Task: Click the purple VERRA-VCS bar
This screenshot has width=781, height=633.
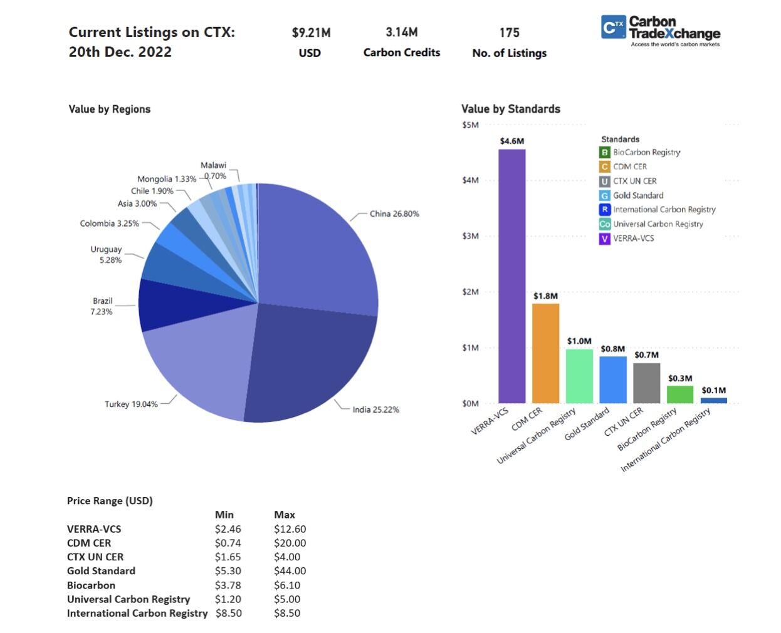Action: tap(511, 275)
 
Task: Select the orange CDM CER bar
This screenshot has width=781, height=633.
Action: tap(545, 353)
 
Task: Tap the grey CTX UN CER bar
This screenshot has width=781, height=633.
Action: tap(646, 383)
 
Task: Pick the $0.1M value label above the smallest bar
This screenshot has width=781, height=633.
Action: tap(713, 390)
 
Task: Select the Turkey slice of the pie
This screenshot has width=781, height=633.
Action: tap(201, 363)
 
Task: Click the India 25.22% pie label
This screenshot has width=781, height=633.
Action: tap(375, 409)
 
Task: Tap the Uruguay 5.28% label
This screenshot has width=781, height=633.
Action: tap(107, 254)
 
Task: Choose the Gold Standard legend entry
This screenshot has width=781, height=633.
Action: tap(637, 195)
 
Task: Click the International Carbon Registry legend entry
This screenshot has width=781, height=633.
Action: tap(664, 210)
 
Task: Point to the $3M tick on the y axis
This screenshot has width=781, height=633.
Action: tap(470, 236)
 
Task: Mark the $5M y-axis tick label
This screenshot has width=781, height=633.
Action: tap(470, 125)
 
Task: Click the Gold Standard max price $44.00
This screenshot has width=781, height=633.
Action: tap(290, 571)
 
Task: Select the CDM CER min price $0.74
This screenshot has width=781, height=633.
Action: tap(228, 543)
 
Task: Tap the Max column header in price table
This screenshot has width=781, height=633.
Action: tap(284, 515)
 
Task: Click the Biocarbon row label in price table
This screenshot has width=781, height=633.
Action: tap(91, 585)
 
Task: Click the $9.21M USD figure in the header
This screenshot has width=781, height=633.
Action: tap(311, 33)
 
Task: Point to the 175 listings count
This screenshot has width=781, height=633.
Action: tap(509, 33)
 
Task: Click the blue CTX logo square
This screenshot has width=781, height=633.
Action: tap(613, 27)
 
